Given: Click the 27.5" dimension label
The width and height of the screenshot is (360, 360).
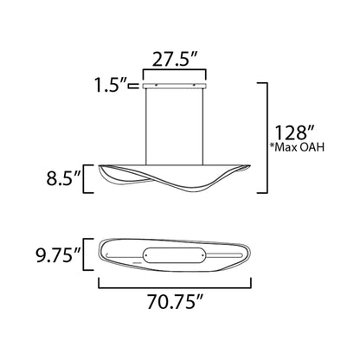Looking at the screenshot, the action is point(174,60).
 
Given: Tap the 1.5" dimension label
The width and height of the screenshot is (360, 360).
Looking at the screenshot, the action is point(111,85).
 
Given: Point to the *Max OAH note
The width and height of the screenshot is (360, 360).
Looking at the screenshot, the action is point(297,147).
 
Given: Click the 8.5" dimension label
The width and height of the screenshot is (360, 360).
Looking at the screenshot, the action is point(63,178).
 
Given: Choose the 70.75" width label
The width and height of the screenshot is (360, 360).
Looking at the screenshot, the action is point(176,302).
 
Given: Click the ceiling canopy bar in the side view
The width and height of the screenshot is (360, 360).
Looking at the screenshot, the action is point(175,86).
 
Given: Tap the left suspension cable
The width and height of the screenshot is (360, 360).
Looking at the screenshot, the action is point(146,126).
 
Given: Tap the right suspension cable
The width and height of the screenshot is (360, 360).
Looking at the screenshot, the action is point(202,126).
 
